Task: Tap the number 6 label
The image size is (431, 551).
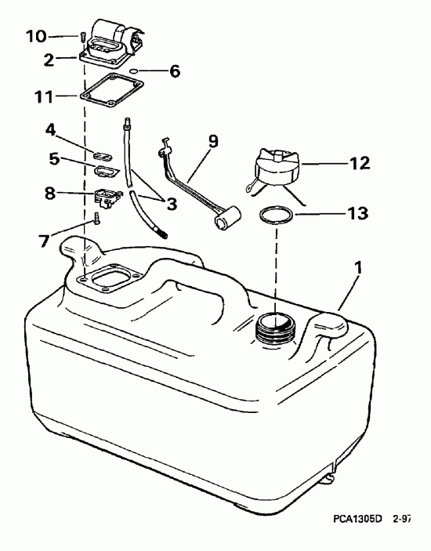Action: [174, 71]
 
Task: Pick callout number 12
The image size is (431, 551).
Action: [360, 165]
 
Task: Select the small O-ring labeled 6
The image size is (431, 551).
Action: [137, 71]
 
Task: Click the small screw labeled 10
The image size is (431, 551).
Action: [82, 36]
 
